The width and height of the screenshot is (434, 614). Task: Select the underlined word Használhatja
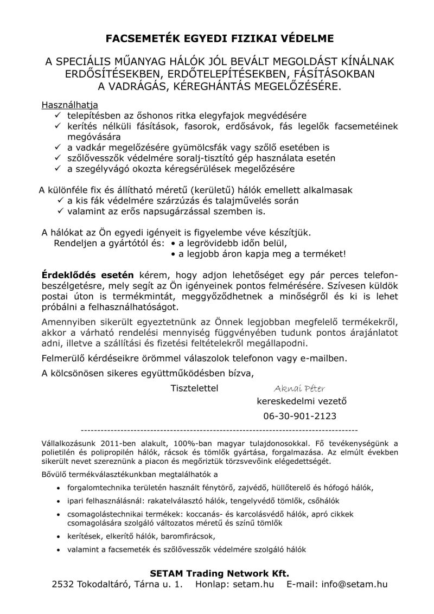click(70, 105)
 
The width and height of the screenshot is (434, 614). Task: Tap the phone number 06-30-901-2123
click(299, 416)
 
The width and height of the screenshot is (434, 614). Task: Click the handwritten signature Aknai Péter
click(299, 388)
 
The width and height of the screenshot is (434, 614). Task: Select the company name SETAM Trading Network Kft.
click(219, 573)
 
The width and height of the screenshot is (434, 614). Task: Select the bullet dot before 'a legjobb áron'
click(173, 253)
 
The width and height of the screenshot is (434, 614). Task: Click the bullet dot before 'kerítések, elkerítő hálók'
click(59, 536)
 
